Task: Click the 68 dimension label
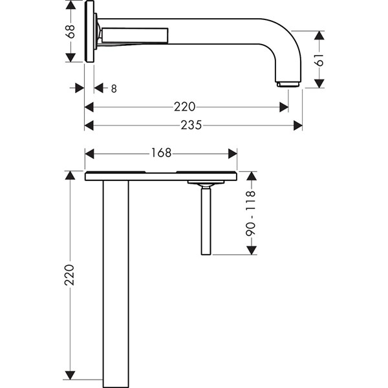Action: pos(70,31)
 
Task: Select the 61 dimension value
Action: pos(319,60)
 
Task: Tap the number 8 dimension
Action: pos(114,89)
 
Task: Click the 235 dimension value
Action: pos(191,125)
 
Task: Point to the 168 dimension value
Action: pos(161,153)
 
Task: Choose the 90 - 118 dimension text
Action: pos(251,214)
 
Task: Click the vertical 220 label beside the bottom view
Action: pos(70,275)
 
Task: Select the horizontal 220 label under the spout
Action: pos(184,107)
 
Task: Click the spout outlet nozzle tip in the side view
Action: pos(288,85)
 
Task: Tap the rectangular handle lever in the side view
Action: pos(135,35)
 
